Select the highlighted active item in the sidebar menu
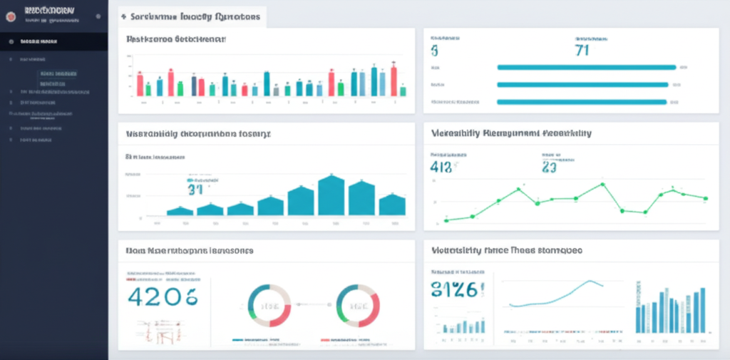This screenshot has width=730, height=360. pos(53,42)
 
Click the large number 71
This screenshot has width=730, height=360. pos(582,50)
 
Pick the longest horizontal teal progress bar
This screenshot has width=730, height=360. pos(585,68)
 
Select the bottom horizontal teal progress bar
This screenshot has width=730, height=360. pos(581,102)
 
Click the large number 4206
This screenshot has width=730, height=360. pos(161,297)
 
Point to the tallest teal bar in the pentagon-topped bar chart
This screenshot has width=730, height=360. pos(331,195)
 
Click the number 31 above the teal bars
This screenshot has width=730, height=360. pos(195,189)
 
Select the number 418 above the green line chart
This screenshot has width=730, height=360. pos(442,168)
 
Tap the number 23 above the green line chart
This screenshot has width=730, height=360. pos(548,168)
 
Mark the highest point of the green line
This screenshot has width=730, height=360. pos(602,184)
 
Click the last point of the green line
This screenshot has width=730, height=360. pos(705,198)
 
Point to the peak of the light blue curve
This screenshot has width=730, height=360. pos(590,281)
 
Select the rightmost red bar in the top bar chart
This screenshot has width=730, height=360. pos(394,80)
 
